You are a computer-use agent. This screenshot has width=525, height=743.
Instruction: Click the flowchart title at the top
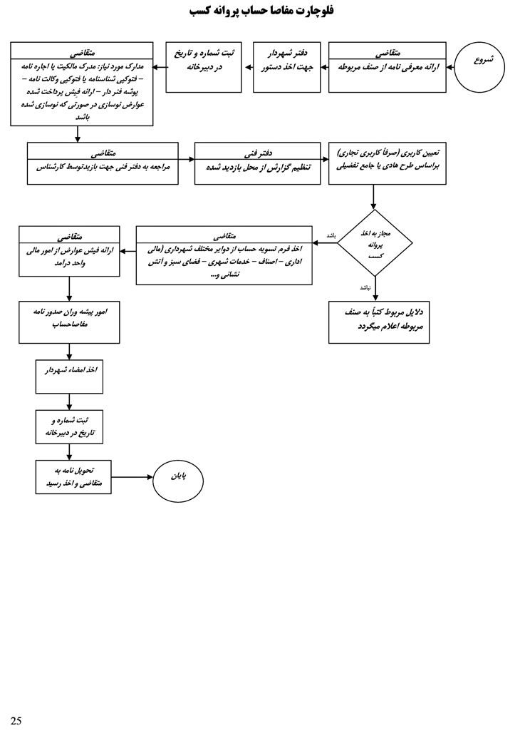pyautogui.click(x=262, y=11)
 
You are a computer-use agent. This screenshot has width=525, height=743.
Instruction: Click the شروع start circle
pyautogui.click(x=479, y=67)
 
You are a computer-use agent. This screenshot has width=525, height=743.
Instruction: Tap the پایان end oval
pyautogui.click(x=178, y=481)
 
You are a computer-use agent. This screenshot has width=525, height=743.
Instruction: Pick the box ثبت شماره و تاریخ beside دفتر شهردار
pyautogui.click(x=204, y=67)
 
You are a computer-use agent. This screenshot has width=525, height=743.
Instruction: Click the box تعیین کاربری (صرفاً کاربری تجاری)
pyautogui.click(x=387, y=163)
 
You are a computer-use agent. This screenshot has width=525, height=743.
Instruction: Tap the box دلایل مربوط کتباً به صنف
pyautogui.click(x=379, y=322)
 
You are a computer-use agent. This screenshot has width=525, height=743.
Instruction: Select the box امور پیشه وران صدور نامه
pyautogui.click(x=69, y=322)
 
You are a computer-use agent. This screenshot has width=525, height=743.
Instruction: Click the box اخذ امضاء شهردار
pyautogui.click(x=69, y=376)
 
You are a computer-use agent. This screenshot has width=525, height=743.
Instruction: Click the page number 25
pyautogui.click(x=16, y=721)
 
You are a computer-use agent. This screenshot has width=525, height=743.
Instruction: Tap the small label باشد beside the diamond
pyautogui.click(x=331, y=236)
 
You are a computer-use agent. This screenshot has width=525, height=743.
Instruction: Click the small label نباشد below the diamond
pyautogui.click(x=365, y=288)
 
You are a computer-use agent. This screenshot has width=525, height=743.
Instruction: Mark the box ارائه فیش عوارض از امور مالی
pyautogui.click(x=69, y=251)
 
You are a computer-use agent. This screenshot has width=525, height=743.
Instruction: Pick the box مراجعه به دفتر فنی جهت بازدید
pyautogui.click(x=103, y=163)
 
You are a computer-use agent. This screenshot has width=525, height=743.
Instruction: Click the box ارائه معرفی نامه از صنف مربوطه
pyautogui.click(x=387, y=67)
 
